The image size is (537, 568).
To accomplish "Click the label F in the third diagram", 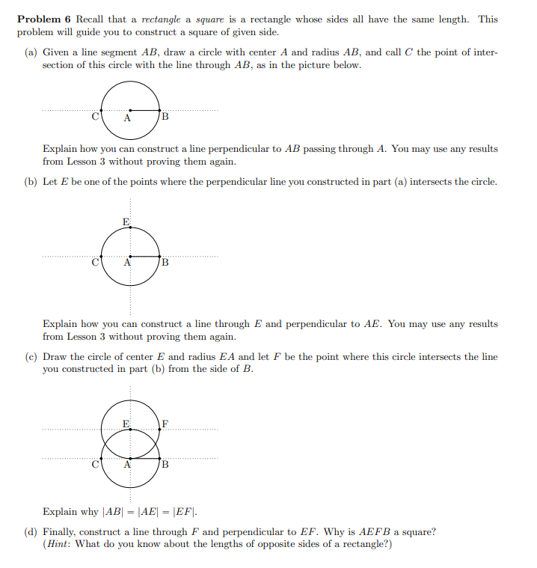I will click(165, 424).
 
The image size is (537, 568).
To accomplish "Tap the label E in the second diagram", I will click(126, 222).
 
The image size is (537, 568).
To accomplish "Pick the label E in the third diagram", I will click(126, 424).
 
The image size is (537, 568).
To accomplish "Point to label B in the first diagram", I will click(165, 117).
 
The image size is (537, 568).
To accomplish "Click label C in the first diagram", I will click(95, 117).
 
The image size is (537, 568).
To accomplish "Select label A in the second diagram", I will click(127, 263).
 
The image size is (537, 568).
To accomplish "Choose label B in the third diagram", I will click(165, 465).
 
